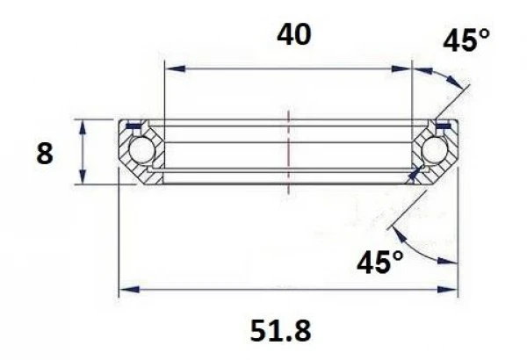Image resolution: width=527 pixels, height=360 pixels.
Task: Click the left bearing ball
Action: coord(137,150)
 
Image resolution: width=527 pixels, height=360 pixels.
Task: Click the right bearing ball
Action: coord(435,150)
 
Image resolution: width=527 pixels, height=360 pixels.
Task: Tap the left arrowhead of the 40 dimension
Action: coord(170,67)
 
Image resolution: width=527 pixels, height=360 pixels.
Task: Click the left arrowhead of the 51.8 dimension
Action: coord(125,291)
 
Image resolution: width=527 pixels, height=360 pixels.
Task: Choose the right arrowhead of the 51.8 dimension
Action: coord(453,291)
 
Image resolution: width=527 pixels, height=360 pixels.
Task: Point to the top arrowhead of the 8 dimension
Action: coord(83,126)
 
